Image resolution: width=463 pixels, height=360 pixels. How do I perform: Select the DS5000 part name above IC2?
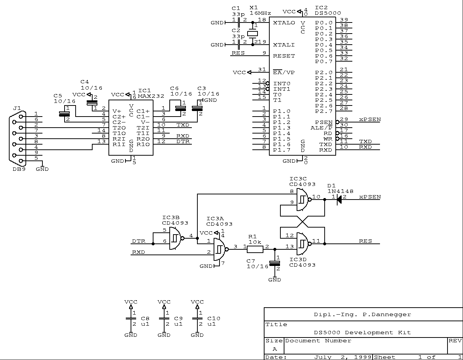(x=328, y=13)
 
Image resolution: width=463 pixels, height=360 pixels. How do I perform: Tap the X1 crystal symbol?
(x=253, y=34)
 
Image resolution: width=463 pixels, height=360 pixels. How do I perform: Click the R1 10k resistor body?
(x=255, y=250)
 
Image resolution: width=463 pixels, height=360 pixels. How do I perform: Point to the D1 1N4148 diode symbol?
(x=339, y=200)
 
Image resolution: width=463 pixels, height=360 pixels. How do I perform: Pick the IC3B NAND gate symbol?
(x=177, y=238)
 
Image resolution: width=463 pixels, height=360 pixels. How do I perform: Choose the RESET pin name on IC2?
(x=284, y=56)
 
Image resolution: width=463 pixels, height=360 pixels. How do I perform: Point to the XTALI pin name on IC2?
(x=284, y=45)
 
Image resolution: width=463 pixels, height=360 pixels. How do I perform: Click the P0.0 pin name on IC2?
(x=324, y=23)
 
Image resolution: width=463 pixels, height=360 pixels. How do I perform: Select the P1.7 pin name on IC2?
(x=281, y=150)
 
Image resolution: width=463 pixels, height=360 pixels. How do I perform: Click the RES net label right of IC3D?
(x=365, y=241)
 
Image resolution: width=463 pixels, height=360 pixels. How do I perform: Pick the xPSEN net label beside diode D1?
(x=370, y=197)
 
